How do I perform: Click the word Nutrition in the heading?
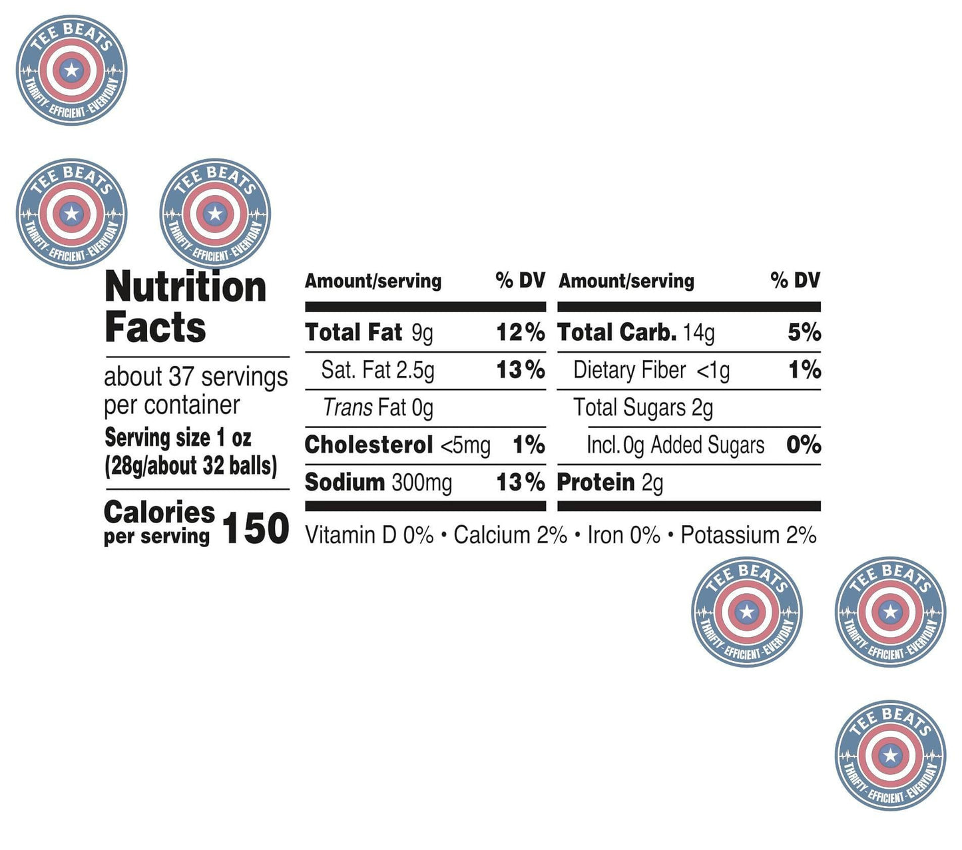(185, 288)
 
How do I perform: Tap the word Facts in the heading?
(155, 327)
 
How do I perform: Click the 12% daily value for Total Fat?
(521, 332)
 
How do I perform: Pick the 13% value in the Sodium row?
(521, 483)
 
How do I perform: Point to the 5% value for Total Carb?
(804, 332)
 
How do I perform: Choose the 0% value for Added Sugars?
(804, 445)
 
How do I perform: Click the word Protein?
(596, 483)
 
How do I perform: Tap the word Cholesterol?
(369, 445)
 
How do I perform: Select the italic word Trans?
(348, 407)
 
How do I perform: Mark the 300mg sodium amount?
(421, 483)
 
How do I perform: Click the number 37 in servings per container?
(181, 377)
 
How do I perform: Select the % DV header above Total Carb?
(795, 281)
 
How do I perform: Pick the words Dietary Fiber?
(629, 370)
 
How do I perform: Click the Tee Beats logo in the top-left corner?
(71, 70)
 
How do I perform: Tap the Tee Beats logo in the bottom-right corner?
(890, 755)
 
